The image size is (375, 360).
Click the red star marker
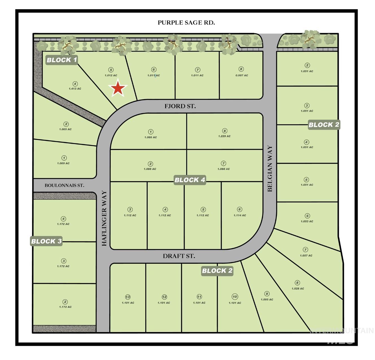[118, 88]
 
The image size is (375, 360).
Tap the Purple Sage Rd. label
[186, 23]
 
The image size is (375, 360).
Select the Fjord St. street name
[180, 106]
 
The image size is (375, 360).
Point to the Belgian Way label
[270, 168]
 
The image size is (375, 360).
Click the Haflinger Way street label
[104, 218]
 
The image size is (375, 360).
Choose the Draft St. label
[179, 256]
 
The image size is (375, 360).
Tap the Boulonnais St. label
[64, 185]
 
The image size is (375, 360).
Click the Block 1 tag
[62, 60]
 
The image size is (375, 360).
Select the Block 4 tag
[190, 180]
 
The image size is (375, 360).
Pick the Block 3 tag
[46, 241]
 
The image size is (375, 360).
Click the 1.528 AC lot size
[298, 289]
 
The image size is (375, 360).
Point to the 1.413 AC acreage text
[75, 89]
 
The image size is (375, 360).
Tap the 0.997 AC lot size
[242, 75]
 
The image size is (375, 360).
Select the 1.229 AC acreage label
[224, 136]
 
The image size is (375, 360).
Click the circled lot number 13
[128, 297]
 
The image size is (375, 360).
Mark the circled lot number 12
[164, 297]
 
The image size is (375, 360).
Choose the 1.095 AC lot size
[267, 300]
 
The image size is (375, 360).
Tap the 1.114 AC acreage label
[240, 215]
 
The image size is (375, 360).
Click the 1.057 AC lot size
[306, 256]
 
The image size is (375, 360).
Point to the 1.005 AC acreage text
[65, 129]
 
